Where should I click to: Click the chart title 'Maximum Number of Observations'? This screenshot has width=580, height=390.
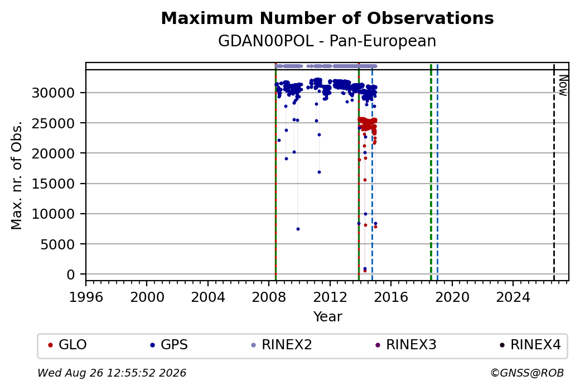(x=327, y=18)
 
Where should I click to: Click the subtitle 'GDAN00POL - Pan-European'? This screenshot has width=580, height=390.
(x=327, y=41)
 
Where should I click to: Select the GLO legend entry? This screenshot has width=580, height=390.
(x=67, y=345)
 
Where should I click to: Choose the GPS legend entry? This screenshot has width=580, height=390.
(x=168, y=345)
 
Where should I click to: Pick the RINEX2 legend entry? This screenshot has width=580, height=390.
(x=282, y=345)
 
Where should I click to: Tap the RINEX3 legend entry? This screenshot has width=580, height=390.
(x=406, y=345)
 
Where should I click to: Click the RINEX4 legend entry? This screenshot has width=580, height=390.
(x=530, y=345)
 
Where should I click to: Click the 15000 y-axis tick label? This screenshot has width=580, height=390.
(x=54, y=184)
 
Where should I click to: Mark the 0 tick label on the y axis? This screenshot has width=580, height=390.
(x=71, y=275)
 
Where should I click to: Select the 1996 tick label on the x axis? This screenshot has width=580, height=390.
(x=86, y=297)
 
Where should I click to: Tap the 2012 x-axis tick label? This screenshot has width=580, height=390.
(x=330, y=297)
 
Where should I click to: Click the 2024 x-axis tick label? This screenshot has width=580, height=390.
(x=513, y=297)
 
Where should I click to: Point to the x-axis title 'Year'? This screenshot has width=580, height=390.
(x=328, y=317)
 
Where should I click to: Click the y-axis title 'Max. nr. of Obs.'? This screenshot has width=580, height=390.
(x=17, y=175)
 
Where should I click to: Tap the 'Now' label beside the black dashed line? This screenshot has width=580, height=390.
(x=563, y=85)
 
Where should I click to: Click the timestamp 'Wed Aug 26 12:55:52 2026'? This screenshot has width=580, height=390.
(x=112, y=373)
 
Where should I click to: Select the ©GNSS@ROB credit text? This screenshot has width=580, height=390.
(x=527, y=373)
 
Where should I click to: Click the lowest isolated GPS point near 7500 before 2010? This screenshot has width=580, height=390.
(x=298, y=229)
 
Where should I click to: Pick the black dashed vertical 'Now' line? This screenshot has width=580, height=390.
(x=554, y=172)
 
